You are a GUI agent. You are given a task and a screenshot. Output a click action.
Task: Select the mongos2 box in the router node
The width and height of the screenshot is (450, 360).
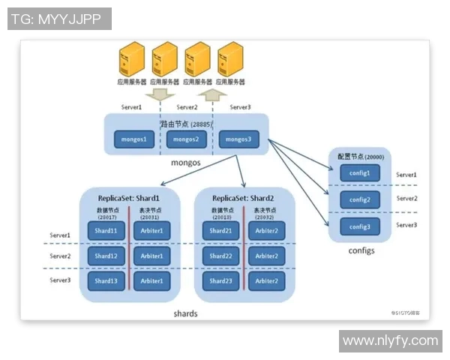tap(185, 139)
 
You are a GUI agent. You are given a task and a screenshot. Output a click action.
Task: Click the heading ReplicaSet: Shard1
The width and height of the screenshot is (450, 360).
tap(129, 198)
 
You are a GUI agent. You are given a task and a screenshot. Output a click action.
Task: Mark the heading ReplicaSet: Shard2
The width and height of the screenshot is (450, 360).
tap(244, 198)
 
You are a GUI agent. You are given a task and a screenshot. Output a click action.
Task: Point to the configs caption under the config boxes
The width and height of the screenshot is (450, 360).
tap(361, 250)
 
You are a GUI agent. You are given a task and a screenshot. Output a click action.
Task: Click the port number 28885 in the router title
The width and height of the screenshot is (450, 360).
tap(202, 123)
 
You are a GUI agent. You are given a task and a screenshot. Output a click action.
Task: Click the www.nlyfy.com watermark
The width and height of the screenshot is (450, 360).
tap(390, 341)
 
